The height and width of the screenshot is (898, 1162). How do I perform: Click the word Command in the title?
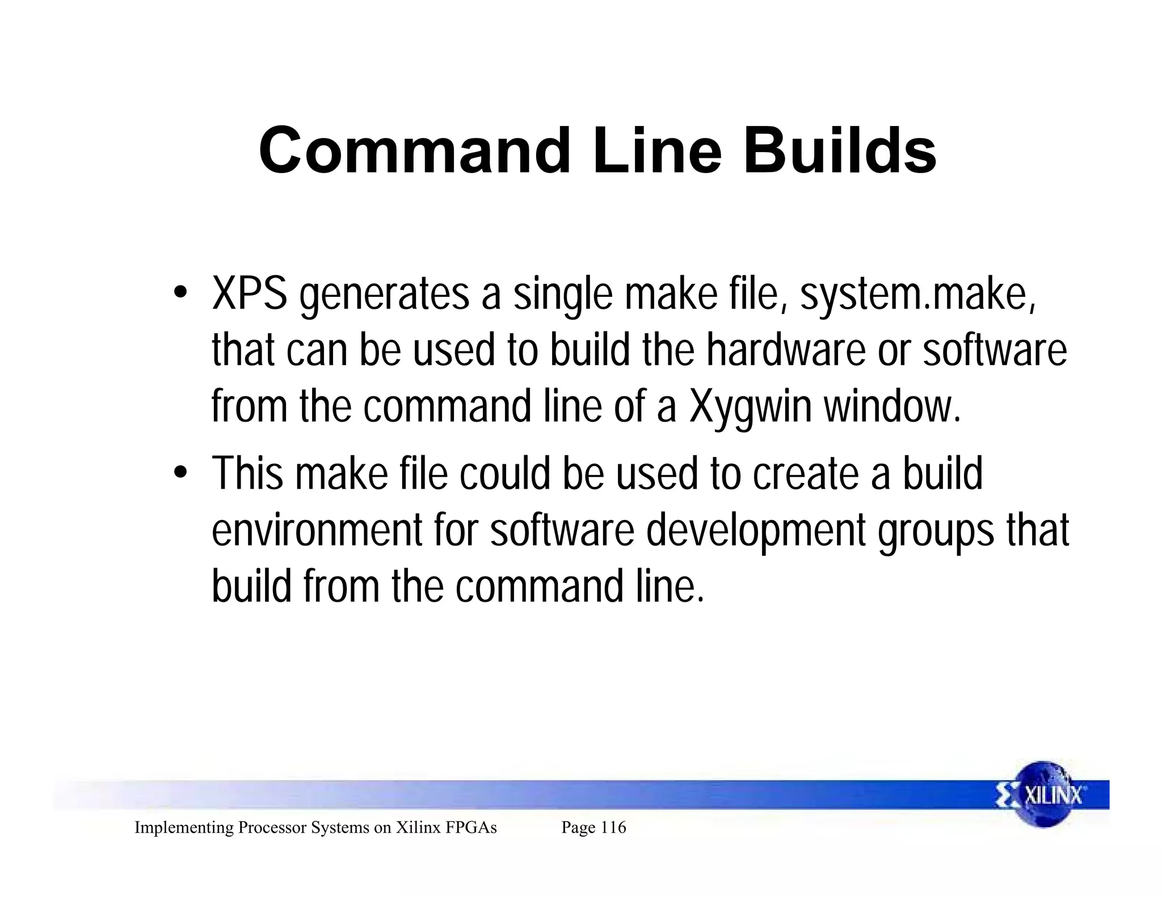click(x=414, y=151)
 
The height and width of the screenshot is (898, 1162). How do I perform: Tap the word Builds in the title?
click(x=840, y=151)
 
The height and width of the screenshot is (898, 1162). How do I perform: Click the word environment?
click(x=317, y=530)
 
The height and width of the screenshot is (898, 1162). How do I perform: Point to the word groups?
click(x=936, y=530)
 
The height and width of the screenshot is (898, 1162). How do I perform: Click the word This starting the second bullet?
click(x=247, y=473)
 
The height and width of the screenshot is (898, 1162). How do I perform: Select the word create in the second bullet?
click(x=806, y=473)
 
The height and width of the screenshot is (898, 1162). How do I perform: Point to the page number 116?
click(x=613, y=828)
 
